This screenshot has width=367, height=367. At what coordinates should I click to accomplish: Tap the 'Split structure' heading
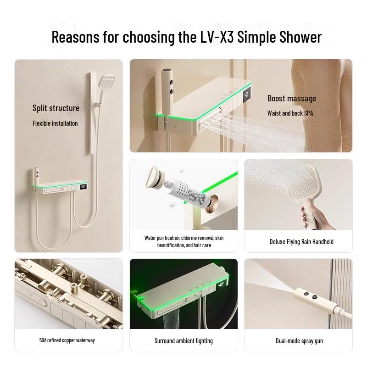[x=56, y=108]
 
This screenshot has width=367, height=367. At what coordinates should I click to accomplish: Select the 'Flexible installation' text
[x=55, y=123]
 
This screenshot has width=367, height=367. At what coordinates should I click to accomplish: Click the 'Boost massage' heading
[x=292, y=99]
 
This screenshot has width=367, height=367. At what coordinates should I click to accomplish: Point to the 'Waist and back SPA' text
[x=290, y=113]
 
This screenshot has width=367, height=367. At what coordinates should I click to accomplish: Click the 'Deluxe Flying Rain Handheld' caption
[x=301, y=242]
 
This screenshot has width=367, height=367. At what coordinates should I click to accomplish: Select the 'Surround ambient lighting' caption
[x=183, y=341]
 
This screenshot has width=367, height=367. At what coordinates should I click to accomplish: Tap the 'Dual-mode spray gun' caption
[x=299, y=341]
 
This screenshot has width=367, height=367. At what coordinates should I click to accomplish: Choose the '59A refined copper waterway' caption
[x=67, y=340]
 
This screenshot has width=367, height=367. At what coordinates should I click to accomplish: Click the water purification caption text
[x=183, y=242]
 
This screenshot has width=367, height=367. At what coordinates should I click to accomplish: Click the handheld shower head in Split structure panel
[x=106, y=83]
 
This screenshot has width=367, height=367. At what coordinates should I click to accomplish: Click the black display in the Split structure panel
[x=83, y=187]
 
